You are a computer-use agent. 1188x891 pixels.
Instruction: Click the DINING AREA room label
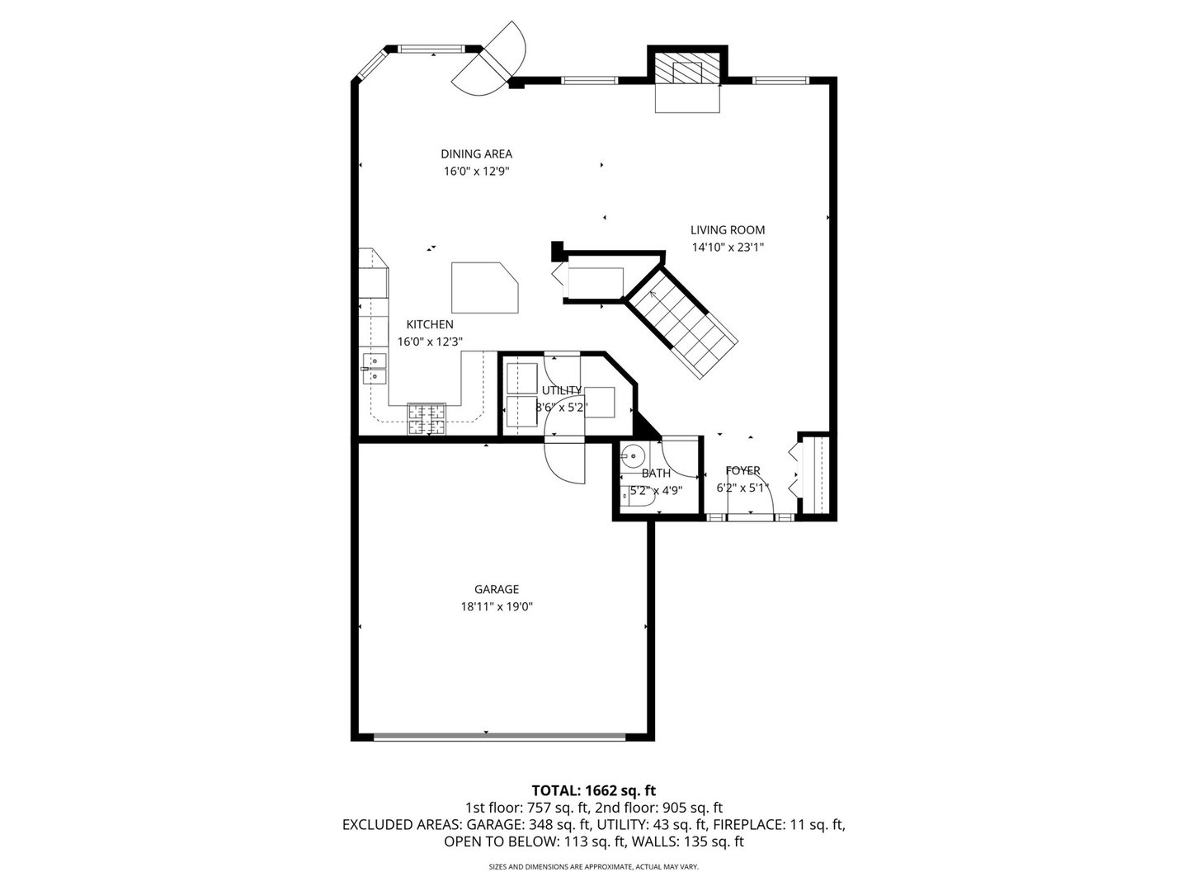(476, 153)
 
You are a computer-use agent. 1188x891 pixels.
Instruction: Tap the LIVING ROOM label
(727, 230)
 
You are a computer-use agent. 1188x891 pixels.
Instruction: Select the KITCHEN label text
(429, 324)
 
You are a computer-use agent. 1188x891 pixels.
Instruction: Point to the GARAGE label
(496, 589)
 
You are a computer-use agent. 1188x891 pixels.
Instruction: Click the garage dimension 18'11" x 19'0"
(496, 606)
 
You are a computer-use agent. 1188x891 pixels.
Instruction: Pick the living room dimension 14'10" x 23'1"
(727, 247)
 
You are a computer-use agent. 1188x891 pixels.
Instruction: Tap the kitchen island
(484, 287)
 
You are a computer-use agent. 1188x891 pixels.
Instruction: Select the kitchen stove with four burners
(427, 418)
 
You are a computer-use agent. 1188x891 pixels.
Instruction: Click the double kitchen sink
(375, 368)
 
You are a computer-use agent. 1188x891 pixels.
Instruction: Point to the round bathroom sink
(634, 454)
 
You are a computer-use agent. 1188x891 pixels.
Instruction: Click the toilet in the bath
(637, 495)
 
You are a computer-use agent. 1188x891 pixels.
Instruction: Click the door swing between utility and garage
(564, 462)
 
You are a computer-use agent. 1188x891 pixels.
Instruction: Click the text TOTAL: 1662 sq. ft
(593, 790)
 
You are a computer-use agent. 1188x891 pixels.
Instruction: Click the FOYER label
(742, 470)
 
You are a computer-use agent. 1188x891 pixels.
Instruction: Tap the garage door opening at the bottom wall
(499, 736)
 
